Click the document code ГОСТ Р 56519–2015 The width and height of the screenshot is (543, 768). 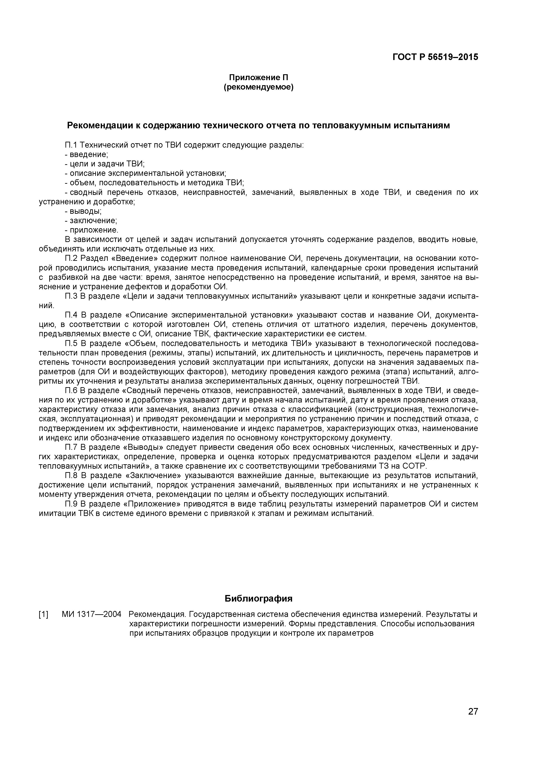(435, 57)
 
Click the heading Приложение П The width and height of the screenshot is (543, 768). (258, 78)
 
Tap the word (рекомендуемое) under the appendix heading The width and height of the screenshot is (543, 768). (258, 88)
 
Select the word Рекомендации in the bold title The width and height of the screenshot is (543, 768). (99, 125)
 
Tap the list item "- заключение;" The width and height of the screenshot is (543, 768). (91, 221)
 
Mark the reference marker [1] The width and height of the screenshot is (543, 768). (44, 614)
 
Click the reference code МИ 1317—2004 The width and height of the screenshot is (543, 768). (91, 614)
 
